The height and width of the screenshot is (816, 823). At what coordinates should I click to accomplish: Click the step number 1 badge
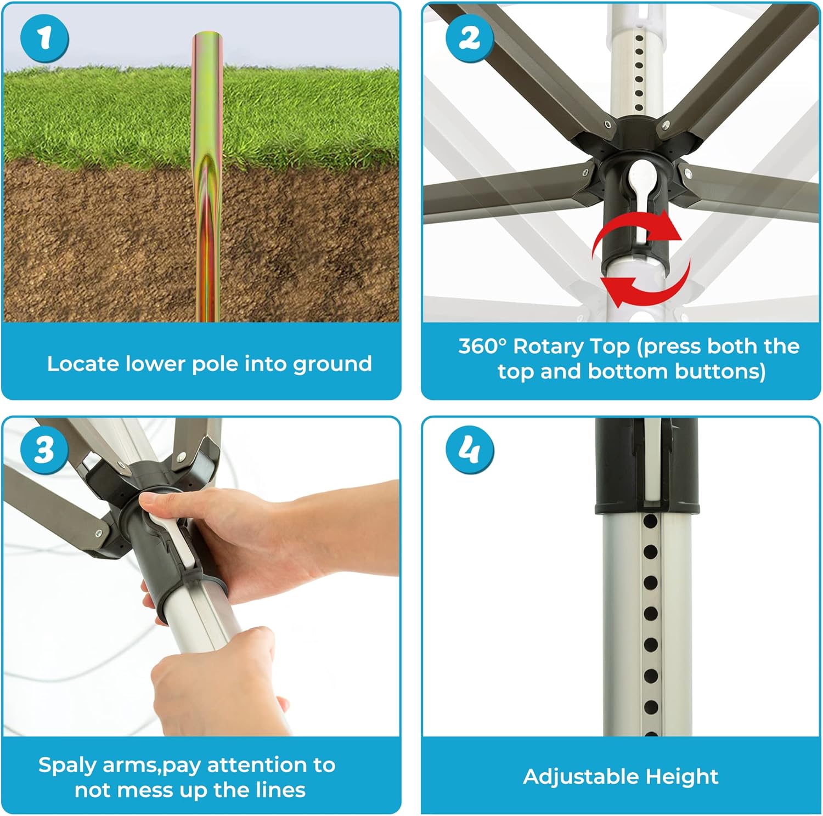pyautogui.click(x=44, y=39)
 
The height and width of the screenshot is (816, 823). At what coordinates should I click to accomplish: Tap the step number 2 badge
pyautogui.click(x=470, y=38)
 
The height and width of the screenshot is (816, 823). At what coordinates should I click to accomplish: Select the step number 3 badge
pyautogui.click(x=44, y=450)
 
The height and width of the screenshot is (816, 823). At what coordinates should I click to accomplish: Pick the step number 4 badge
pyautogui.click(x=470, y=450)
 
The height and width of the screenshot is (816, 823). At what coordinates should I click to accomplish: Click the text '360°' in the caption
pyautogui.click(x=482, y=346)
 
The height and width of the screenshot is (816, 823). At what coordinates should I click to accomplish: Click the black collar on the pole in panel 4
pyautogui.click(x=647, y=466)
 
